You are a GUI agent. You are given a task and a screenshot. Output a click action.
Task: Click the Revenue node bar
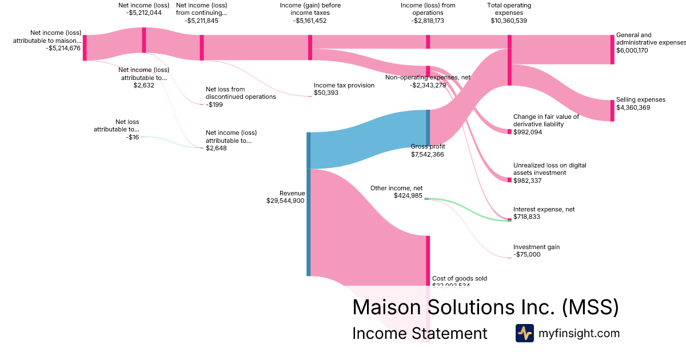coord(309,204)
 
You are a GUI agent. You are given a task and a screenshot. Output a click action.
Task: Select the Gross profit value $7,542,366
coord(428,154)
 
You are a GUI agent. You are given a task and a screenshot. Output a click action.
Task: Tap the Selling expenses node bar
coord(612,110)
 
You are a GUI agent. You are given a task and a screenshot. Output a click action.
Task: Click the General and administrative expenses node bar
coord(612,49)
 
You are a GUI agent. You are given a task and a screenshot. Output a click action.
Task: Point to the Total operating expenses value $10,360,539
coord(509,21)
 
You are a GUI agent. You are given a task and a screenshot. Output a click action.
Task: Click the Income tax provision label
coord(344,85)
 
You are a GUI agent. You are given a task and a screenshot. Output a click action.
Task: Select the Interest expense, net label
coord(544,209)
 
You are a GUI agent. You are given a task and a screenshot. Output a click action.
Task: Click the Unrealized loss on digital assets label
coord(549,169)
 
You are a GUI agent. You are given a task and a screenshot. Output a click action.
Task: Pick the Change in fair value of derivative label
coord(546,120)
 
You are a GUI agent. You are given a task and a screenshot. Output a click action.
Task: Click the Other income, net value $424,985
coord(408,195)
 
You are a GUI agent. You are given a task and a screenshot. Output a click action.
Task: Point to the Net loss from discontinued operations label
coord(241,93)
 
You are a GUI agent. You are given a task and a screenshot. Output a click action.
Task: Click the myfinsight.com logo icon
coord(524,333)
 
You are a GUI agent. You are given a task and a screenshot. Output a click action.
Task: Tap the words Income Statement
coord(420,333)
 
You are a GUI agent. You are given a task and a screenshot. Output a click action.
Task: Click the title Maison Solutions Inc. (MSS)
coord(485,307)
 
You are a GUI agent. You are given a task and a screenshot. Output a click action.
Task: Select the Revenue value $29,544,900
coord(285,201)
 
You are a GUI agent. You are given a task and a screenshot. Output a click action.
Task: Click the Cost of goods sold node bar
coord(428,260)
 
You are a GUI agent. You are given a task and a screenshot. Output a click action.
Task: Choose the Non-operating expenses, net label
coord(428,77)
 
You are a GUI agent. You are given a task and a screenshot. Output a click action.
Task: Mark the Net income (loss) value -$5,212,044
coord(144,13)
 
